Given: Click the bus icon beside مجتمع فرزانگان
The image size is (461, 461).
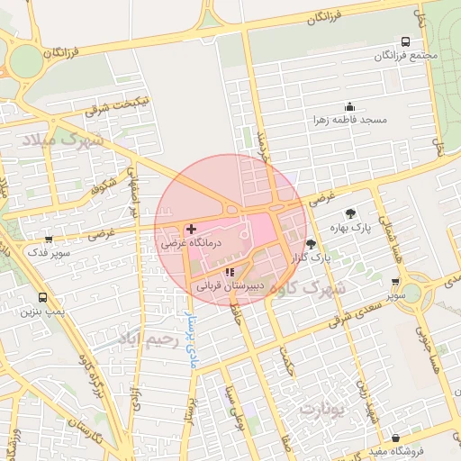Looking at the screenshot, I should click(405, 41).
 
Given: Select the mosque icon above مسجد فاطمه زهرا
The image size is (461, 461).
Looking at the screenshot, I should click(349, 106).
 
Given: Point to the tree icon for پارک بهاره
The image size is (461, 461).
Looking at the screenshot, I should click(350, 213).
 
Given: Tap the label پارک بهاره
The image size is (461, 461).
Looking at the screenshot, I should click(350, 227).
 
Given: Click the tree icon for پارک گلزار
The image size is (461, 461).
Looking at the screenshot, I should click(311, 244).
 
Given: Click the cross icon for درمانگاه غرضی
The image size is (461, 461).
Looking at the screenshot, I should click(191, 230).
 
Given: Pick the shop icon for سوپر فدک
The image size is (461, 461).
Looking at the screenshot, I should click(48, 240).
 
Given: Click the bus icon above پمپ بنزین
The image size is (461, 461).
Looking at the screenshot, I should click(42, 297).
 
